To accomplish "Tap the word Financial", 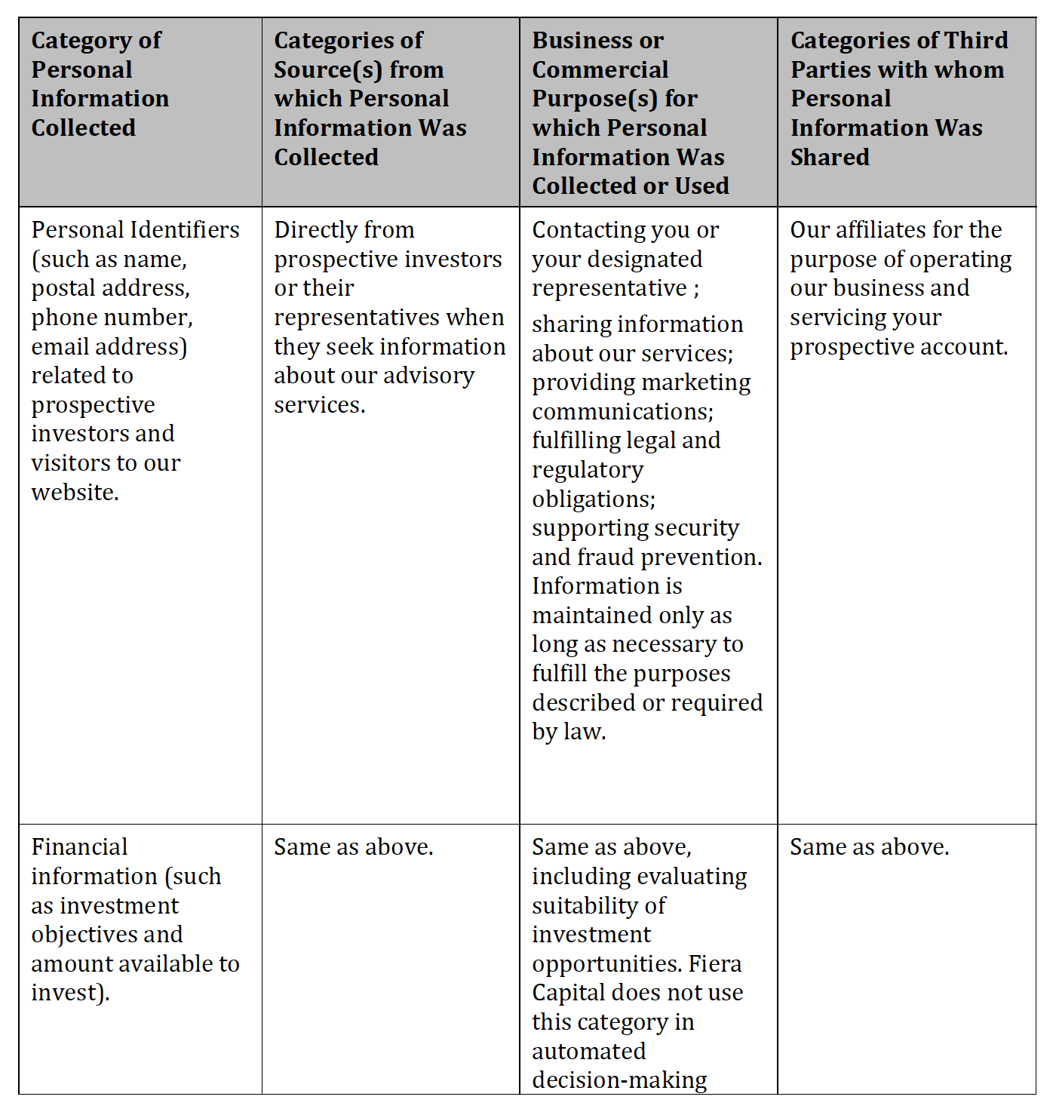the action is (x=79, y=847).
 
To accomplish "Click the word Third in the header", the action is (x=976, y=40).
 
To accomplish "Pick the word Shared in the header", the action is (x=830, y=157).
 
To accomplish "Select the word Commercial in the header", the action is (x=600, y=69).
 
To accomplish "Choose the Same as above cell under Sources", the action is (x=353, y=847).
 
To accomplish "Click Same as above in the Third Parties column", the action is (x=869, y=847).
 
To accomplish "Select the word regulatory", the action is (x=588, y=470).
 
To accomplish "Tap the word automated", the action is (x=588, y=1051).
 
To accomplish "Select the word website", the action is (x=74, y=493).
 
